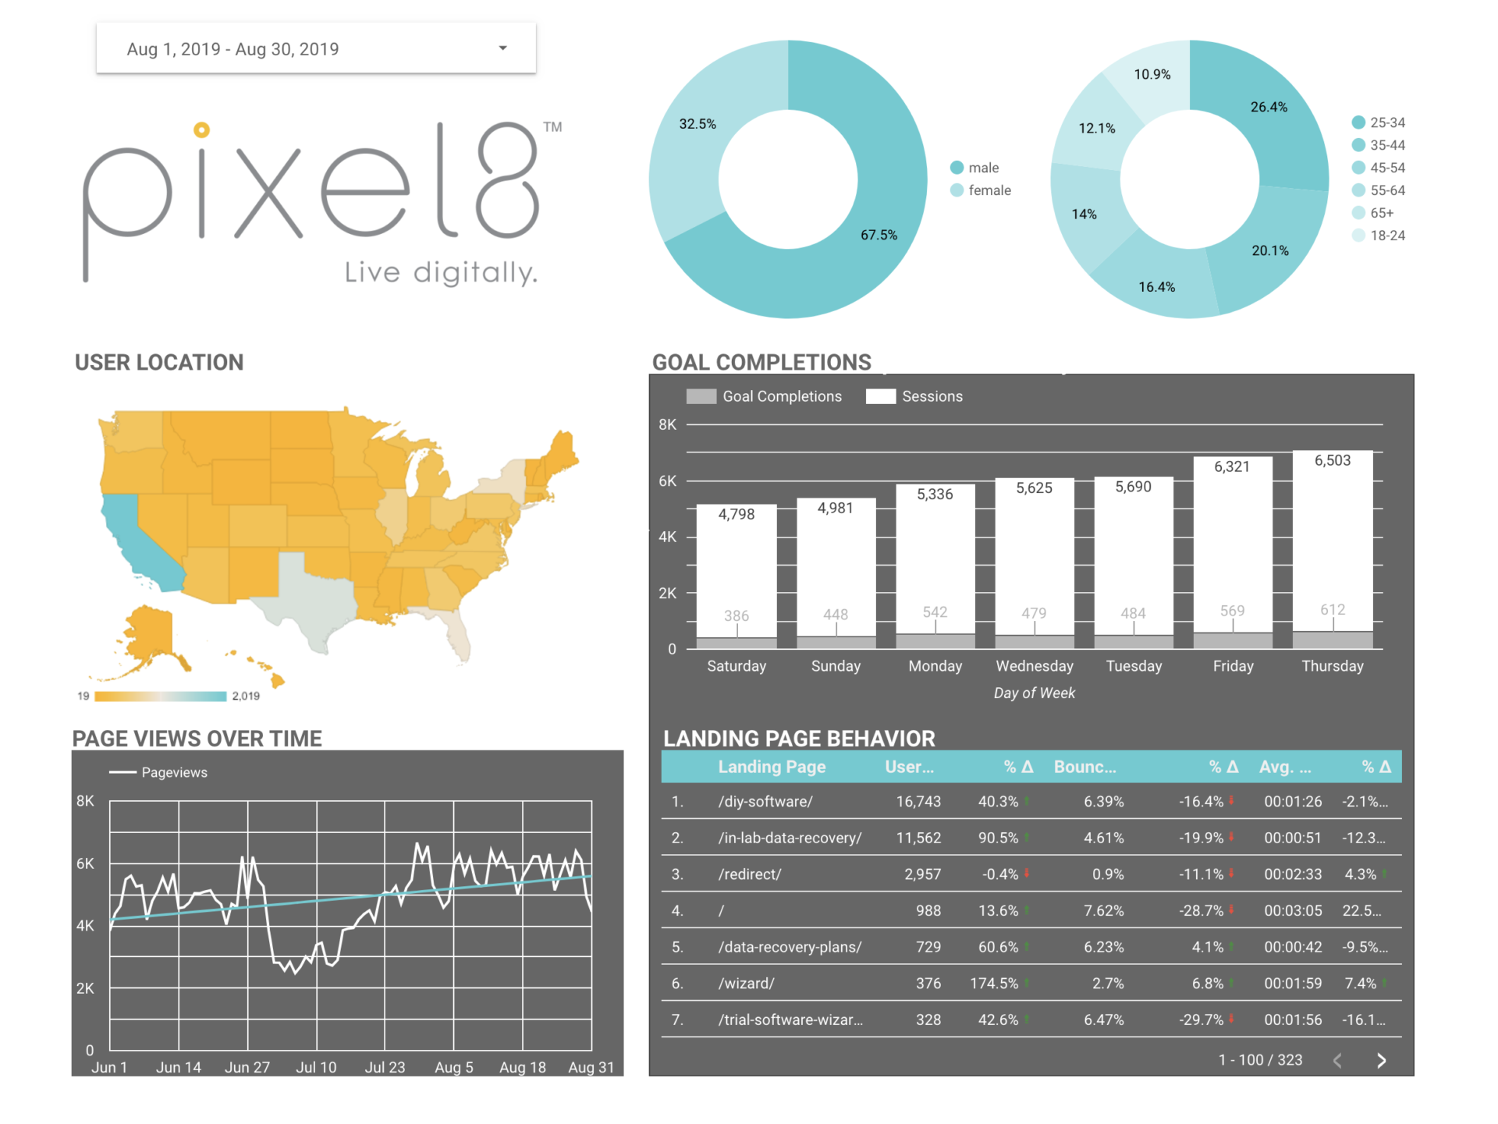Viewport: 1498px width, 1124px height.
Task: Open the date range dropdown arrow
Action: [x=503, y=48]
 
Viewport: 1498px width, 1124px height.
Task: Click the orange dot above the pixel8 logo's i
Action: [x=201, y=130]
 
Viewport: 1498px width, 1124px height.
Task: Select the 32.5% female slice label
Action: [x=697, y=124]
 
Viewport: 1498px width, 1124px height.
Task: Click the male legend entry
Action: [x=982, y=168]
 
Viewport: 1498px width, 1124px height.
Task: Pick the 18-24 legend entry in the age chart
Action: [x=1386, y=236]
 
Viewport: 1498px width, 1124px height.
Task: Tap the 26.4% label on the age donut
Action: [x=1269, y=107]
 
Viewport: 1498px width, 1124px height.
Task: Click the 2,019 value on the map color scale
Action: [x=246, y=696]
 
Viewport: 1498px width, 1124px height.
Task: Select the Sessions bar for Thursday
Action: [x=1332, y=546]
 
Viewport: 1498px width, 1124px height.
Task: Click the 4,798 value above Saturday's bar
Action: [x=736, y=514]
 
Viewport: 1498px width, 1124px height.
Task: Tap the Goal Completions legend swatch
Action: [x=701, y=396]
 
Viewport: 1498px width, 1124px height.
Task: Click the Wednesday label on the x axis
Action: [x=1034, y=666]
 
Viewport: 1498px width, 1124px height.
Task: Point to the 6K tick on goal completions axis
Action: [x=667, y=481]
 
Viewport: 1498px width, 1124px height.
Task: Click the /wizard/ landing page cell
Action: [x=746, y=984]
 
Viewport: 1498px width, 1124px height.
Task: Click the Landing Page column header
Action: [x=771, y=767]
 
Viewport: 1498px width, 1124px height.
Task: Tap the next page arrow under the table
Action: [x=1381, y=1061]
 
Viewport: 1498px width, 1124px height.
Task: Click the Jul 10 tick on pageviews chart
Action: [x=316, y=1067]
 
